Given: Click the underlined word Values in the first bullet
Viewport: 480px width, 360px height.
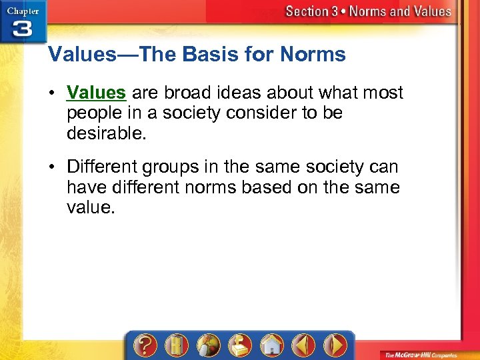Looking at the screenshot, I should click(96, 92).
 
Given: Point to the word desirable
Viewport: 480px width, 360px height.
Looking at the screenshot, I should click(106, 133).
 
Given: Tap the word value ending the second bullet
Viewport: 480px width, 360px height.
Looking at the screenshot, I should click(90, 208).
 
